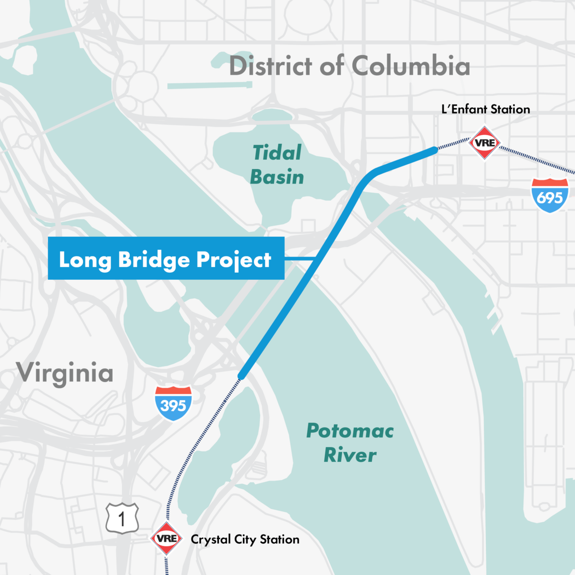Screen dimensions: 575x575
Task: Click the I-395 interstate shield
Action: point(173,403)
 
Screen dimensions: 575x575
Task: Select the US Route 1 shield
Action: point(122,518)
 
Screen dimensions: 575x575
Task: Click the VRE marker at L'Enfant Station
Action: point(485,143)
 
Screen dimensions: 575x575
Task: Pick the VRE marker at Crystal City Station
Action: point(167,539)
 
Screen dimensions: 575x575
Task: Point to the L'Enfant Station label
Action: point(485,109)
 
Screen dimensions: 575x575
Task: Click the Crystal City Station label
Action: point(245,540)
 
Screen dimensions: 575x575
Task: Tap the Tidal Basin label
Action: point(277,165)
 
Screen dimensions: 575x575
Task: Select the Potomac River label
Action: point(350,443)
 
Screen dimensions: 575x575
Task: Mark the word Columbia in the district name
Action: point(411,66)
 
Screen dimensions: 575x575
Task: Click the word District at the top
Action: point(271,66)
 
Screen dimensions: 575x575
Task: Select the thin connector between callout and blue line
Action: point(299,259)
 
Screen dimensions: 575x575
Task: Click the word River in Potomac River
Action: point(350,455)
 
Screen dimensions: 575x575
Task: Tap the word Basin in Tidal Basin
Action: point(277,177)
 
